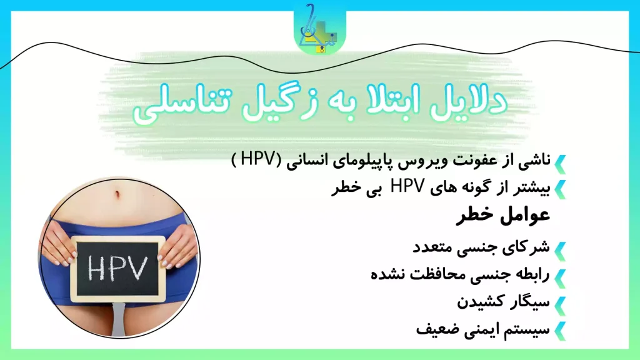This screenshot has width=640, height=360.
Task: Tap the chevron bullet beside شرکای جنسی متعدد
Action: point(560,247)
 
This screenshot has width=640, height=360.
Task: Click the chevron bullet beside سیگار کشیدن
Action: point(560,303)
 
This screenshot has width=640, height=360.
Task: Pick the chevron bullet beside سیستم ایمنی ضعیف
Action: point(560,329)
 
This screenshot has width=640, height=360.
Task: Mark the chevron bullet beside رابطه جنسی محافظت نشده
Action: point(560,276)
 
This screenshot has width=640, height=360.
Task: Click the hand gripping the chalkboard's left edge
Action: point(62,244)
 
